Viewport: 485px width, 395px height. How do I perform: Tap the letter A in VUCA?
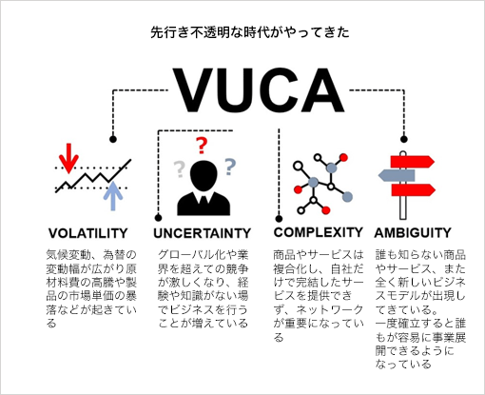[x=321, y=90]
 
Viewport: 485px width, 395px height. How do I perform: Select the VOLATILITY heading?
[x=88, y=233]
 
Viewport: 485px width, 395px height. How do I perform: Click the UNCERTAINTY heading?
[x=202, y=233]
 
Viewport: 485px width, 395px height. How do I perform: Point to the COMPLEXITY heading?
[x=318, y=232]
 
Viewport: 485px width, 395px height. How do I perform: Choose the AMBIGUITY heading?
[x=413, y=232]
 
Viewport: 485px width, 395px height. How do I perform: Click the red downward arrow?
[x=68, y=158]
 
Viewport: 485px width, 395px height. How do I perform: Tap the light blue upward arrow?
[x=113, y=196]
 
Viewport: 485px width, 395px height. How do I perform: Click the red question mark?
[x=201, y=146]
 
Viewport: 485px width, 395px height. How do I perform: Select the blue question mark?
[x=230, y=167]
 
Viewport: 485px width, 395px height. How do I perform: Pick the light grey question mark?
[x=179, y=169]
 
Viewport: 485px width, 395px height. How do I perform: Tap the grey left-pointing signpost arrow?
[x=397, y=175]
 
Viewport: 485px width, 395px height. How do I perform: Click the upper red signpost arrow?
[x=412, y=162]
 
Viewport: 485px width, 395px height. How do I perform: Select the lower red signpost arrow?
[x=413, y=189]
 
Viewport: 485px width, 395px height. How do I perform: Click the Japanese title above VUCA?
[x=250, y=32]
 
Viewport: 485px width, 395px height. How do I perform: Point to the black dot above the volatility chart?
[x=113, y=139]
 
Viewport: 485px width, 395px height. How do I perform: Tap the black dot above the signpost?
[x=403, y=139]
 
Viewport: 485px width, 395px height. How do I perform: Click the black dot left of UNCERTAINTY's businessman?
[x=158, y=218]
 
